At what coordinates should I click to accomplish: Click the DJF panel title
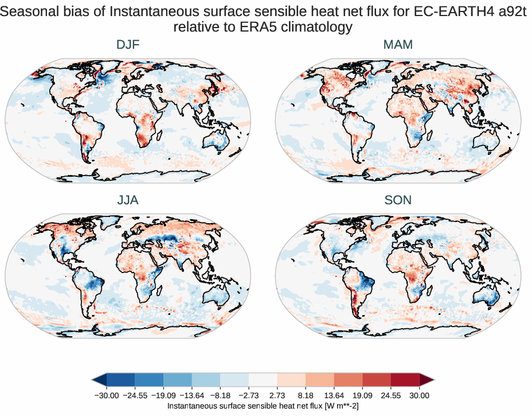pyautogui.click(x=128, y=45)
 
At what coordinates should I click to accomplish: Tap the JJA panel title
pyautogui.click(x=128, y=200)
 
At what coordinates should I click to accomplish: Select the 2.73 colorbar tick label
pyautogui.click(x=277, y=395)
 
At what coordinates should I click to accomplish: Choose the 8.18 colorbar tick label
pyautogui.click(x=306, y=395)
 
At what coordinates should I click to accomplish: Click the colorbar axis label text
pyautogui.click(x=263, y=406)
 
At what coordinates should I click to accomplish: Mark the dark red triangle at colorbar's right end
pyautogui.click(x=427, y=379)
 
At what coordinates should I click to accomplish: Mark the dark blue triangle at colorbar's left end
pyautogui.click(x=99, y=379)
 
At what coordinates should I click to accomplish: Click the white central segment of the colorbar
pyautogui.click(x=263, y=379)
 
